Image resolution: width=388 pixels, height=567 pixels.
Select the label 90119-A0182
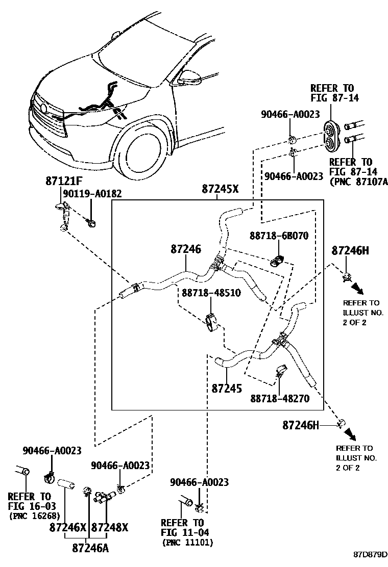pyautogui.click(x=92, y=194)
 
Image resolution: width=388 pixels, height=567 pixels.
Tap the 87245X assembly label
pyautogui.click(x=220, y=189)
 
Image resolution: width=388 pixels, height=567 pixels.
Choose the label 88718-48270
pyautogui.click(x=280, y=398)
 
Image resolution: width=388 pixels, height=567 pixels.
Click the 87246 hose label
pyautogui.click(x=186, y=249)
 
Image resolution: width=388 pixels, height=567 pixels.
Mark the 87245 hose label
pyautogui.click(x=227, y=388)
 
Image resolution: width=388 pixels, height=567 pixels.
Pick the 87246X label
pyautogui.click(x=68, y=527)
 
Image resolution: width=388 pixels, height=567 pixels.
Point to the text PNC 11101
pyautogui.click(x=187, y=543)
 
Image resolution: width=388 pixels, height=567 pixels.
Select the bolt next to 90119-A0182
pyautogui.click(x=91, y=222)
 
